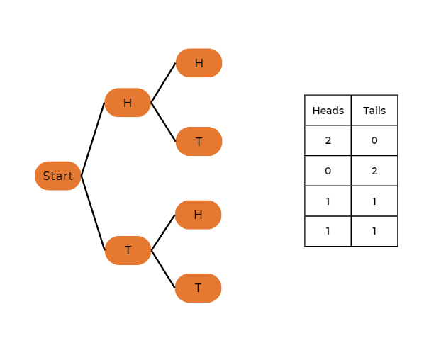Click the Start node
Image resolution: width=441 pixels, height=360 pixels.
click(x=57, y=176)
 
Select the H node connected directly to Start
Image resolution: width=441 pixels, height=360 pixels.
click(x=128, y=103)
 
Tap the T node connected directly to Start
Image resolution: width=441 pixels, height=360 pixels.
click(x=128, y=250)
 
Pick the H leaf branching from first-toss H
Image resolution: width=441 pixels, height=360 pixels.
click(x=199, y=63)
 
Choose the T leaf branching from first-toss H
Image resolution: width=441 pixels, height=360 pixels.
click(x=199, y=142)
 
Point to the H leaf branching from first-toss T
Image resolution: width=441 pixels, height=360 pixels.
click(x=198, y=215)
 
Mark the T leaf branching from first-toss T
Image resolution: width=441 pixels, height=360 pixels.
click(x=198, y=288)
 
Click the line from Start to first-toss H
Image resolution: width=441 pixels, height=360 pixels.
click(x=93, y=139)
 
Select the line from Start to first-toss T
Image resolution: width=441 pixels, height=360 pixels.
click(x=93, y=213)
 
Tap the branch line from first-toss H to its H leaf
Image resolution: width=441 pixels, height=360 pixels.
click(x=163, y=83)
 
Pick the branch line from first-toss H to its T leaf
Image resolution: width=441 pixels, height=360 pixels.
click(x=163, y=122)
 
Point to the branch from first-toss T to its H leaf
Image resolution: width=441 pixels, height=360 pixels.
click(x=163, y=232)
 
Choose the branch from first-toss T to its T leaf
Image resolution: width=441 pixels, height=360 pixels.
click(x=163, y=269)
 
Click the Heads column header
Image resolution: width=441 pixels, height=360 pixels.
click(x=328, y=111)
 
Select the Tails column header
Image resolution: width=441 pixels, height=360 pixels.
click(x=374, y=111)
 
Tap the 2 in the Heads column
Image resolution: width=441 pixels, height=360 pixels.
click(x=328, y=140)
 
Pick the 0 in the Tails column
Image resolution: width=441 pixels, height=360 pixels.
click(x=374, y=140)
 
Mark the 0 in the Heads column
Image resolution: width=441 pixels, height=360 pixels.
click(x=328, y=171)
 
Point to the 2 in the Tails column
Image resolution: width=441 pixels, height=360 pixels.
click(x=374, y=171)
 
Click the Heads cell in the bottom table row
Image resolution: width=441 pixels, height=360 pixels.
click(x=328, y=231)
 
